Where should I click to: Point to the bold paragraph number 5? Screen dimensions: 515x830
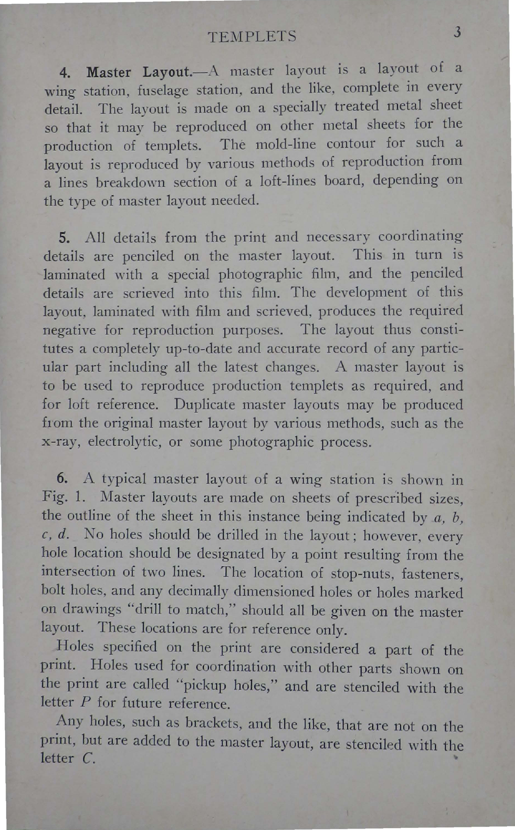pyautogui.click(x=64, y=238)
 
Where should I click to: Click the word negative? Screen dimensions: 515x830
pyautogui.click(x=69, y=330)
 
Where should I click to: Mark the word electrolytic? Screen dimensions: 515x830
pyautogui.click(x=127, y=442)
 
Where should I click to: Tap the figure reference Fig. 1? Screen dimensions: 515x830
pyautogui.click(x=61, y=498)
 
